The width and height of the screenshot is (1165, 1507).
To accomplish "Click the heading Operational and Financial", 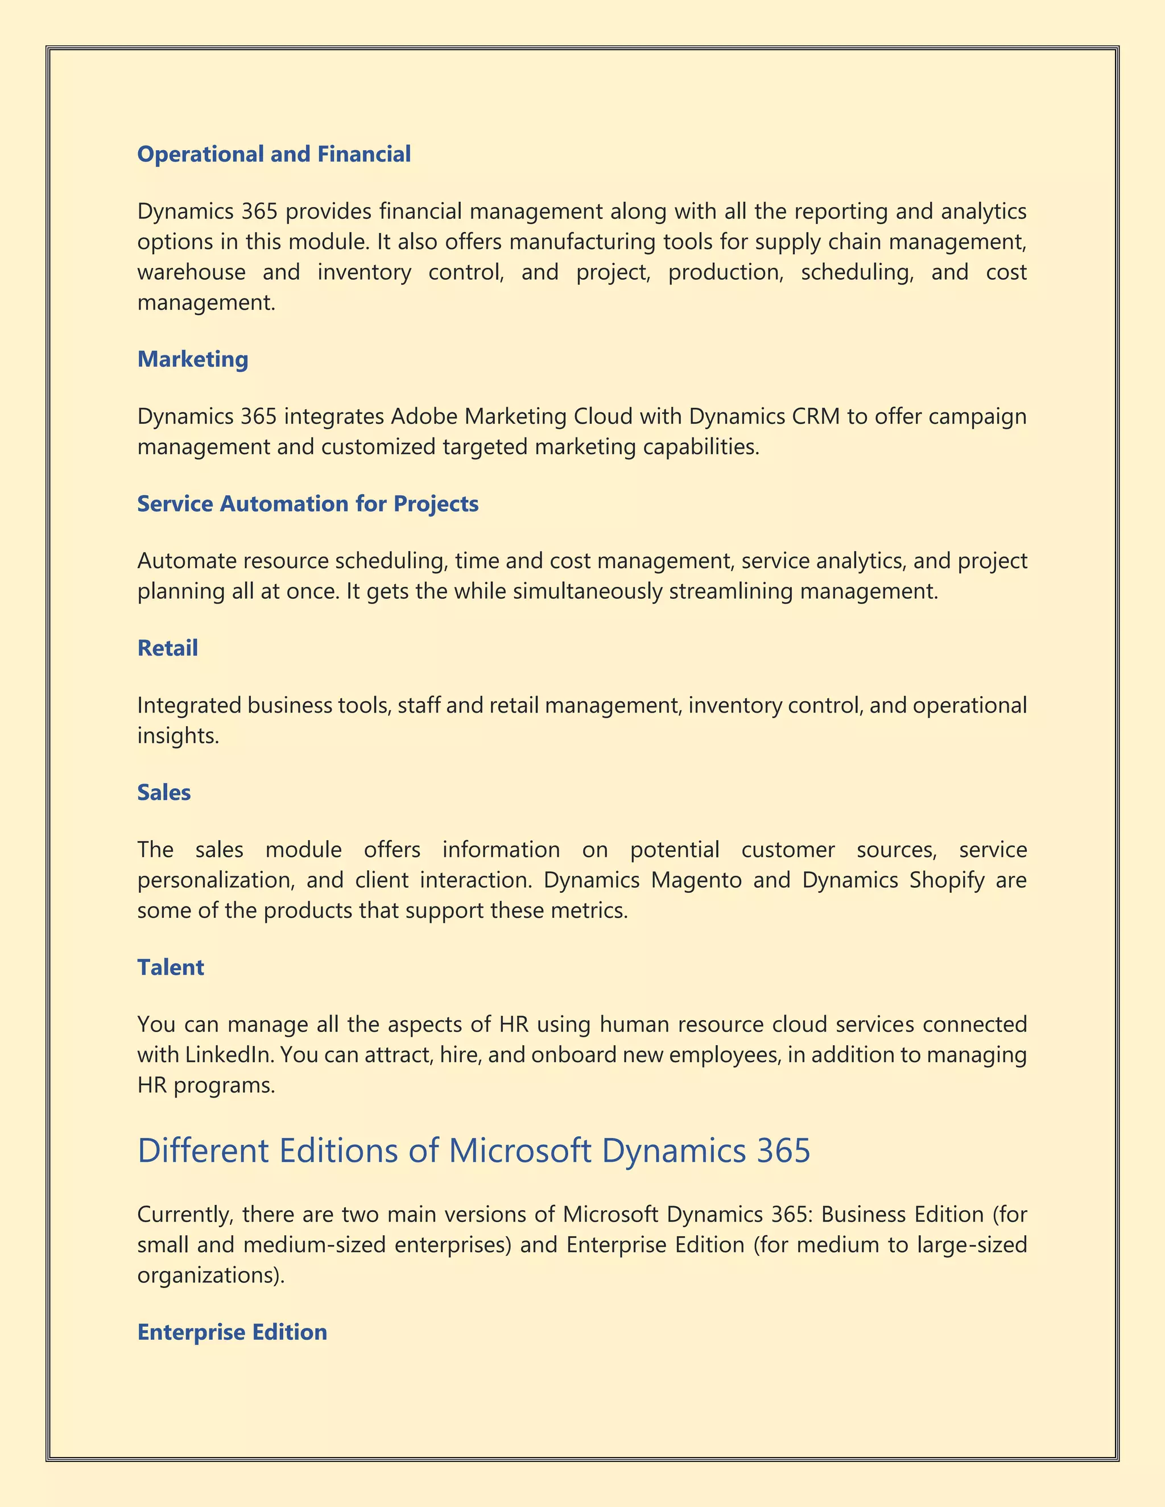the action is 274,154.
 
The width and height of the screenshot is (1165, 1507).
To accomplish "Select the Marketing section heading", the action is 193,359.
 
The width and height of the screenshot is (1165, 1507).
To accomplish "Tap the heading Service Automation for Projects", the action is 308,504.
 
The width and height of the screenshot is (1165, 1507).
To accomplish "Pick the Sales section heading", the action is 164,792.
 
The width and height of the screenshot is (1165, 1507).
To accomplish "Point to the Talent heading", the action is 171,967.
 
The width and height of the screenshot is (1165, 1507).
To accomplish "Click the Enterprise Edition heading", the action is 232,1332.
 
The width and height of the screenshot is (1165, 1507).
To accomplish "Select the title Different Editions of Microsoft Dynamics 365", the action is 473,1151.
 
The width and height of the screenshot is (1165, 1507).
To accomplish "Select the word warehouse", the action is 191,272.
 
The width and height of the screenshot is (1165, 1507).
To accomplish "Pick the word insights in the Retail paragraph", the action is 177,736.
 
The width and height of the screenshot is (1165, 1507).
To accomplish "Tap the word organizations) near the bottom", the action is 210,1275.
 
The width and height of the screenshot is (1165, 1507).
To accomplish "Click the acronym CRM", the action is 816,417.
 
